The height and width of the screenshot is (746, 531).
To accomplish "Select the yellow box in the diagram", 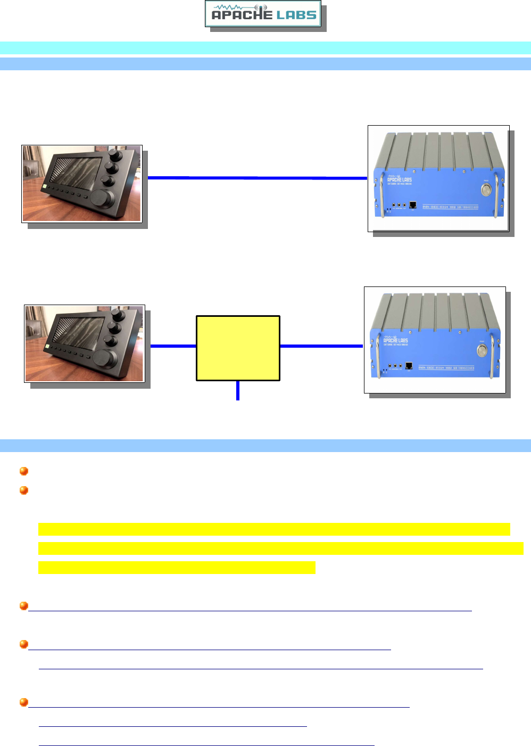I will coord(238,348).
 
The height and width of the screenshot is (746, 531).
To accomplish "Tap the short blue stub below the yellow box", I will coord(238,390).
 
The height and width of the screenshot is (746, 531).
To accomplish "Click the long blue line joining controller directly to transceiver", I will coord(257,178).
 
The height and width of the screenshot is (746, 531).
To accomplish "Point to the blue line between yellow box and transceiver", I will coord(321,346).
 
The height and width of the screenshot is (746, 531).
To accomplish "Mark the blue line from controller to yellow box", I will coord(173,346).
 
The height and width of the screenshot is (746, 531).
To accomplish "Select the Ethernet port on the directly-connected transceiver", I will coord(413,204).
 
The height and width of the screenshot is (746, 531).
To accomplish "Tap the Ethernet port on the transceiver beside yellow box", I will coord(409,366).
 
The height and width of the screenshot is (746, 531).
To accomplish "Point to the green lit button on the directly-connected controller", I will coord(47,188).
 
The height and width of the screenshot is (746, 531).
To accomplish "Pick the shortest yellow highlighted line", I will coord(177,568).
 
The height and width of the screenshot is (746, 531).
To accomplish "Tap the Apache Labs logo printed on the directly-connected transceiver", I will coord(399,178).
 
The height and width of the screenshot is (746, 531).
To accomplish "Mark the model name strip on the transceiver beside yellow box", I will coord(446,367).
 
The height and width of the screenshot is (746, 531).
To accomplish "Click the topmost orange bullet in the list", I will coord(23,471).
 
